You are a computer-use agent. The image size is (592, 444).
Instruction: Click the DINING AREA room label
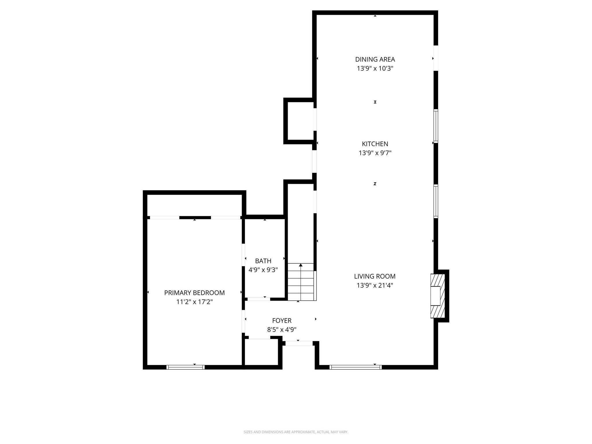[375, 59]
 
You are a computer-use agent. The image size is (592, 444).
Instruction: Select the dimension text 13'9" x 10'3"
[375, 69]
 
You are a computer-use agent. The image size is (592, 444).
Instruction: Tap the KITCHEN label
[375, 144]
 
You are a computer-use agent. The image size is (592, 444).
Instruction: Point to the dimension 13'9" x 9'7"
[375, 153]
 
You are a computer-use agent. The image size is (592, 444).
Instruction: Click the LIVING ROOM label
[375, 276]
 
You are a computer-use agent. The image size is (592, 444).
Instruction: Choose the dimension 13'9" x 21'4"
[375, 285]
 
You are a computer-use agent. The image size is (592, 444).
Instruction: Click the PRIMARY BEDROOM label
[194, 293]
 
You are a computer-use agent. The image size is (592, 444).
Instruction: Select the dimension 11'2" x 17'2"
[194, 302]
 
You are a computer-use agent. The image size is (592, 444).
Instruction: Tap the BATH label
[263, 261]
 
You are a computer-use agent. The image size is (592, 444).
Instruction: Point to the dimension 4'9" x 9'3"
[263, 270]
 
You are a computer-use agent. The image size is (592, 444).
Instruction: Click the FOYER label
[282, 320]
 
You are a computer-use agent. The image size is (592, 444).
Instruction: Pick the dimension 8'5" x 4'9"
[282, 330]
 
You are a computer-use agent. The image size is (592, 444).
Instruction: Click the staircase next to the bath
[301, 282]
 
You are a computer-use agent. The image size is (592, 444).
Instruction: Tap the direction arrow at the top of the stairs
[301, 265]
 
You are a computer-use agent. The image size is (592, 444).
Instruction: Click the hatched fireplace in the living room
[437, 296]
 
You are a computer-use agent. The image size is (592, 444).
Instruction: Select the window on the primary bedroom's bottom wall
[186, 367]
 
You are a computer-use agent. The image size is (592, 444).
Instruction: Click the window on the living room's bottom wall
[355, 367]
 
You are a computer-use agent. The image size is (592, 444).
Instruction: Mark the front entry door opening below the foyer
[299, 343]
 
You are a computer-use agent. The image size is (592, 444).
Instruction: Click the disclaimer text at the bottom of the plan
[296, 432]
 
